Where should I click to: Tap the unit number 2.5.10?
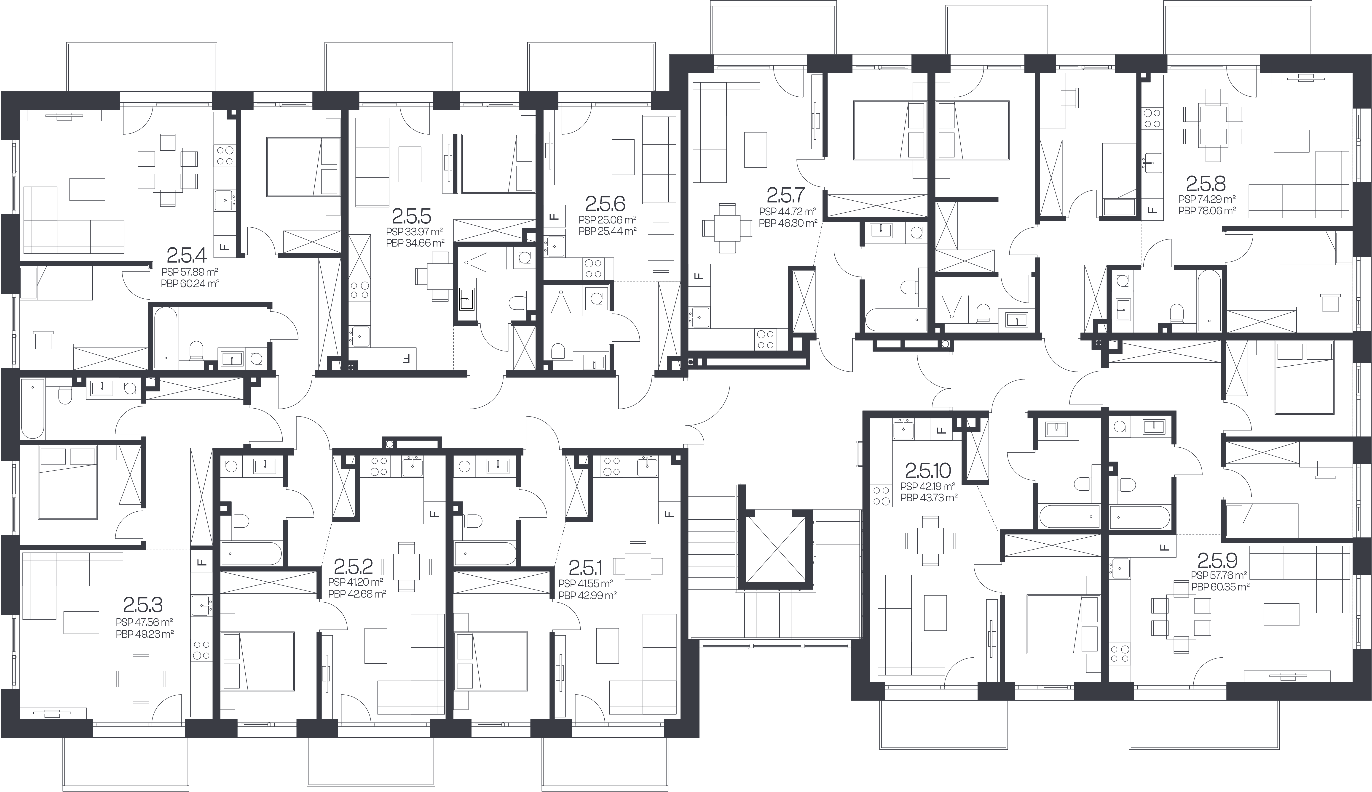tap(928, 469)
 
